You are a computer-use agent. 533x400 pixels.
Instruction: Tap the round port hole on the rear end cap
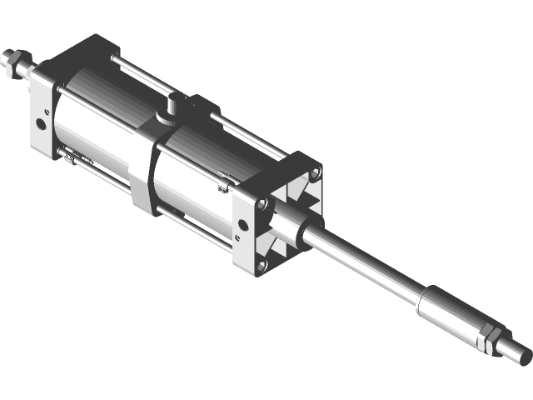41,125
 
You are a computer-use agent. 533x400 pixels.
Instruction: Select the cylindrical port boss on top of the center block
173,106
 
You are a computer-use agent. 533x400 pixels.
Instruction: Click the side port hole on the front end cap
241,225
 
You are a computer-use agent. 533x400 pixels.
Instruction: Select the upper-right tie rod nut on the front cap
314,174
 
